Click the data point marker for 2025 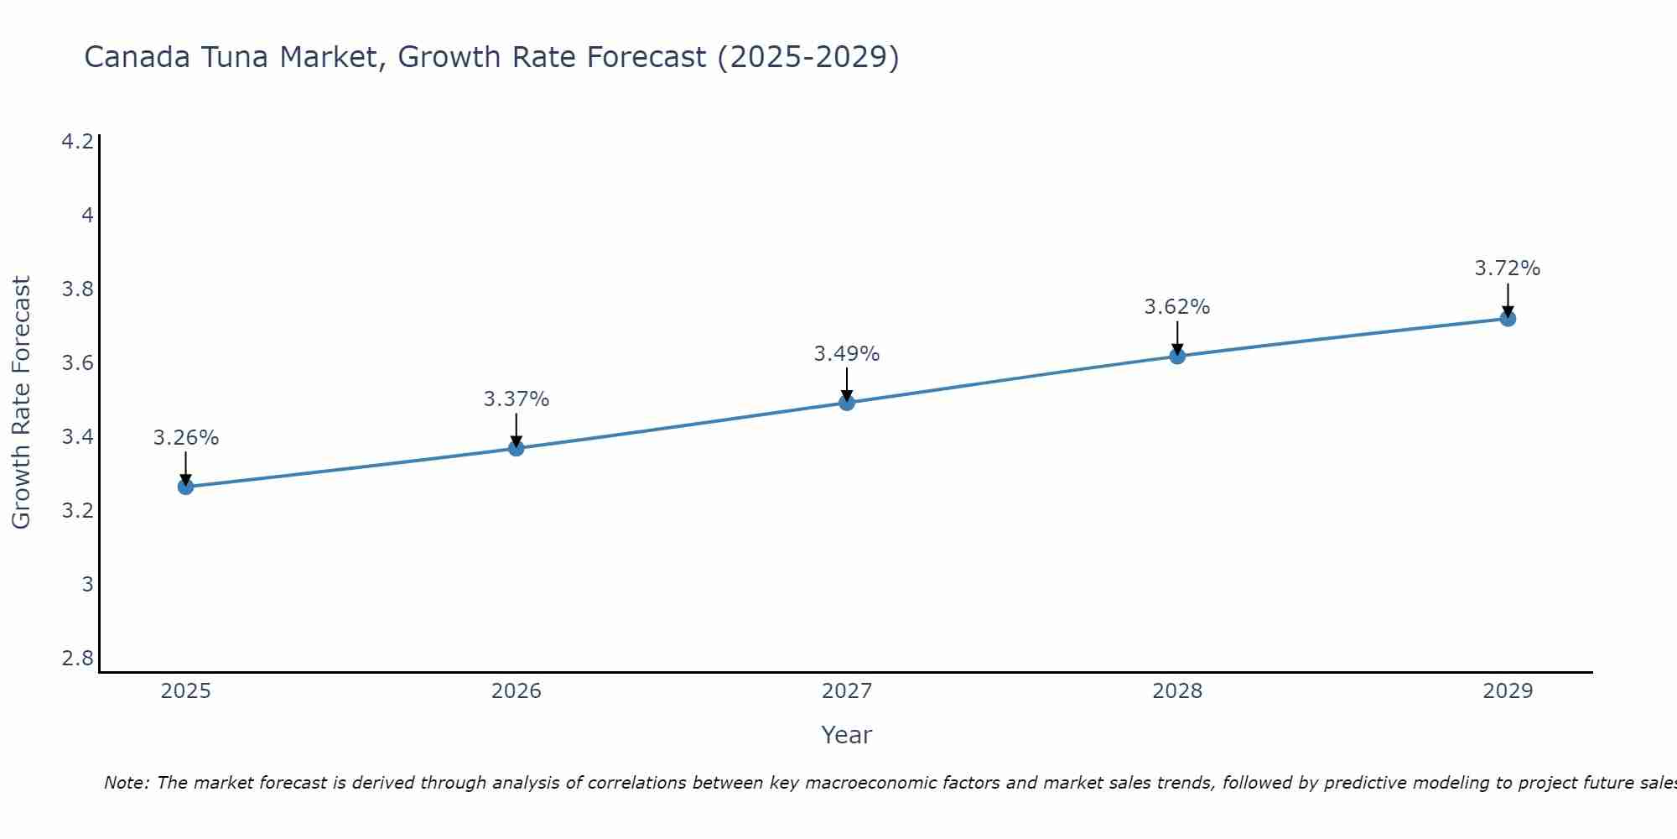[185, 487]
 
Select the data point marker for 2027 [847, 403]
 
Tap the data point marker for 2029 [1508, 319]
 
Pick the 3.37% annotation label [517, 399]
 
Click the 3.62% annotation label [1177, 307]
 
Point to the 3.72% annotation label [1508, 268]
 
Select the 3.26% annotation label [186, 438]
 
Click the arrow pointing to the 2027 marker [847, 384]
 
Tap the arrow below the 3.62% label [1177, 338]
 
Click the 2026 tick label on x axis [517, 691]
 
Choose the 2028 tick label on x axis [1177, 691]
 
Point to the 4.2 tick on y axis [78, 142]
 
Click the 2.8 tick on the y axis [78, 659]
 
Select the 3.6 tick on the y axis [78, 363]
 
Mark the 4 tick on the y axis [87, 216]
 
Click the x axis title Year [847, 735]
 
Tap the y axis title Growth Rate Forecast [22, 403]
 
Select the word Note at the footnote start [126, 783]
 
